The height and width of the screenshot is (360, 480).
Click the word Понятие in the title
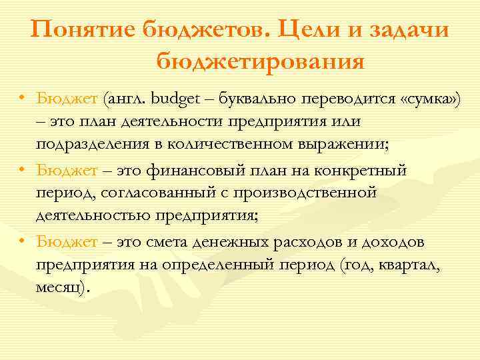81,31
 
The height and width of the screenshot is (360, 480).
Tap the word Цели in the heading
307,31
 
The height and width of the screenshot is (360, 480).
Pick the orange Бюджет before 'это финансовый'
67,171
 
